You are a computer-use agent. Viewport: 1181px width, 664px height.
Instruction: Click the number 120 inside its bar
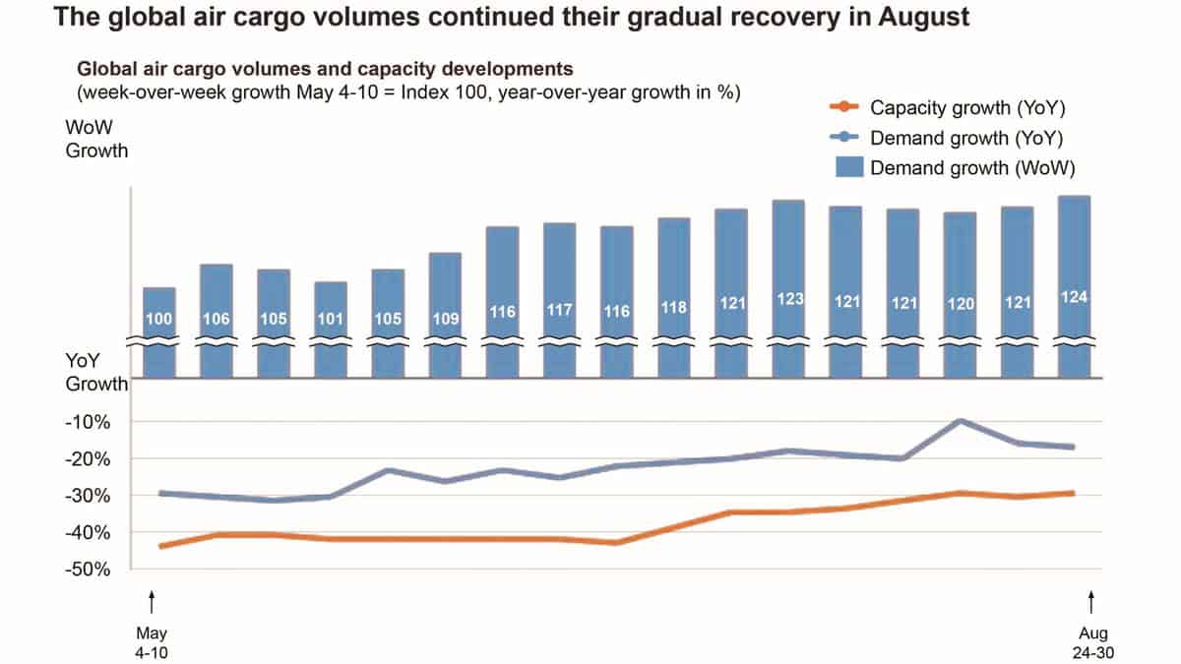960,304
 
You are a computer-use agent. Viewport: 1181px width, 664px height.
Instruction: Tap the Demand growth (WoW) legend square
849,168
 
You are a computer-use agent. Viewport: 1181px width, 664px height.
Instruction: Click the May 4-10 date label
152,641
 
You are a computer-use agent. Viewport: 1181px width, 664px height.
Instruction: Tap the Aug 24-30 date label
1089,641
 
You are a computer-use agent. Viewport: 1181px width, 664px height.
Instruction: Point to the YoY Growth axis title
95,374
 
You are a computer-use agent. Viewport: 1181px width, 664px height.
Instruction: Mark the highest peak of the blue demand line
960,421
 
